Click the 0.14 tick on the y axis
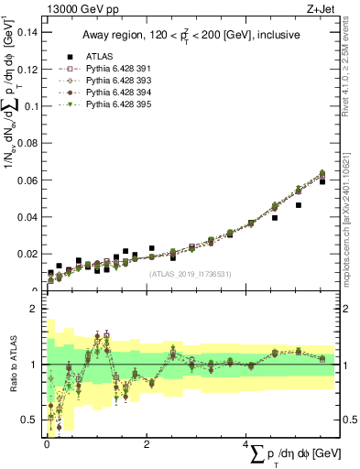(x=27, y=32)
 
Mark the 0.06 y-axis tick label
(x=27, y=180)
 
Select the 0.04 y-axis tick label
(x=27, y=217)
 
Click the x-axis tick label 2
(x=147, y=444)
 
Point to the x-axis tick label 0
(x=48, y=444)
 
